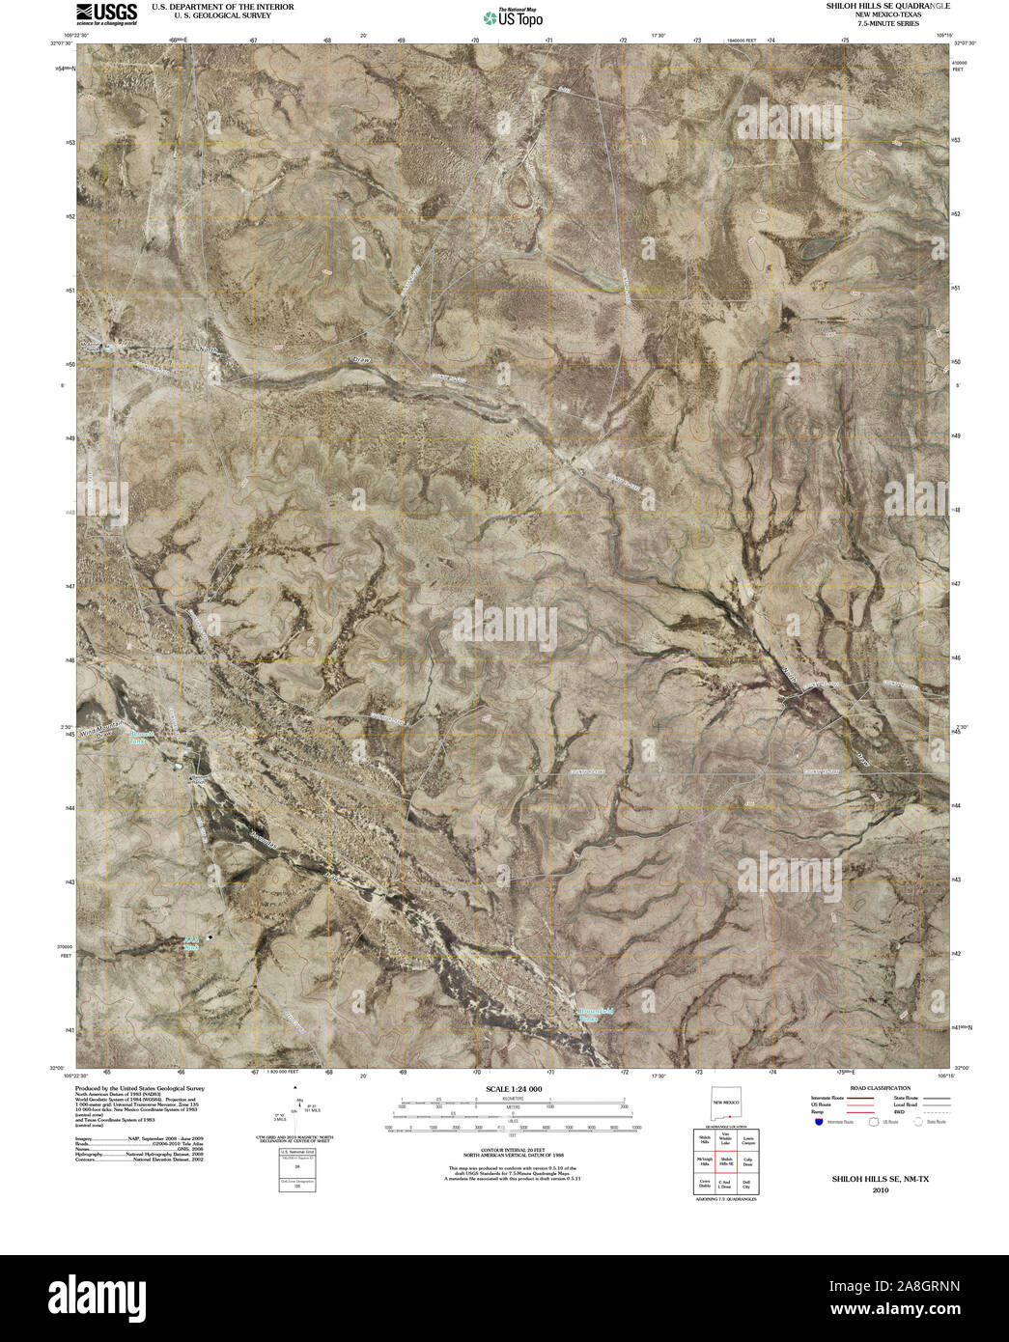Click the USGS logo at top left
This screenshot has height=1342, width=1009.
[x=106, y=13]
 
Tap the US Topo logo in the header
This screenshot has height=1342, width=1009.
[x=513, y=17]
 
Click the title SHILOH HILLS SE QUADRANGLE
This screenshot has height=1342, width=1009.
[x=874, y=6]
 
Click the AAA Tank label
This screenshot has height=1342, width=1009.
[x=191, y=943]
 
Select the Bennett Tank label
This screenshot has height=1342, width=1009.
[x=142, y=738]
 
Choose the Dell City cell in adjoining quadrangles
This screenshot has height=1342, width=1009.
[x=748, y=1184]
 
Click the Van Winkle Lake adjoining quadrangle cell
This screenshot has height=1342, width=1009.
[x=726, y=1140]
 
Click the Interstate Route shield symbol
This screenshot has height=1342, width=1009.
[x=819, y=1122]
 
